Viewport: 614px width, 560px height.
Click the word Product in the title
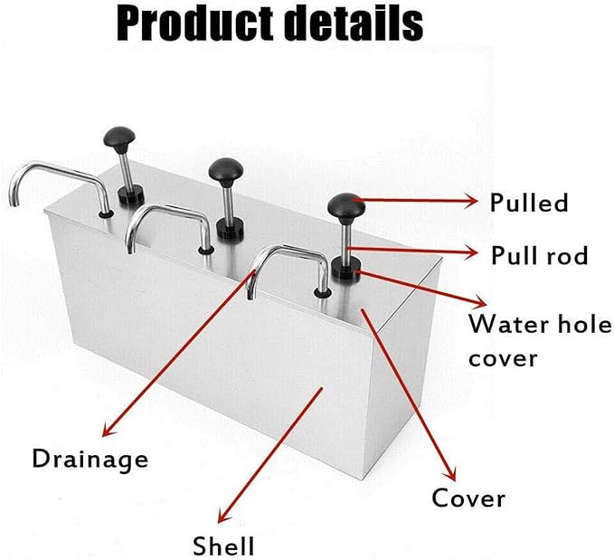click(194, 26)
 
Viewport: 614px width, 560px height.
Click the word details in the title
click(354, 26)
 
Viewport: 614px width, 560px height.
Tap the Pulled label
click(529, 202)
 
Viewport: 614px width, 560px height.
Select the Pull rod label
click(539, 256)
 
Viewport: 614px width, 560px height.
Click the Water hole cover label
click(539, 340)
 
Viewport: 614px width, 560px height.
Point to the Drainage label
click(90, 459)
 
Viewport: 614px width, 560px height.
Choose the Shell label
click(223, 546)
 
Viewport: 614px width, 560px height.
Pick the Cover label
click(468, 497)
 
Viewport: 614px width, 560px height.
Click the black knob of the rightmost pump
click(345, 205)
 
